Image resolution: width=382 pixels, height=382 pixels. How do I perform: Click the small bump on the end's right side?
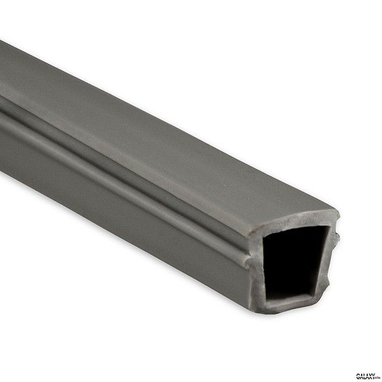pyautogui.click(x=337, y=239)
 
